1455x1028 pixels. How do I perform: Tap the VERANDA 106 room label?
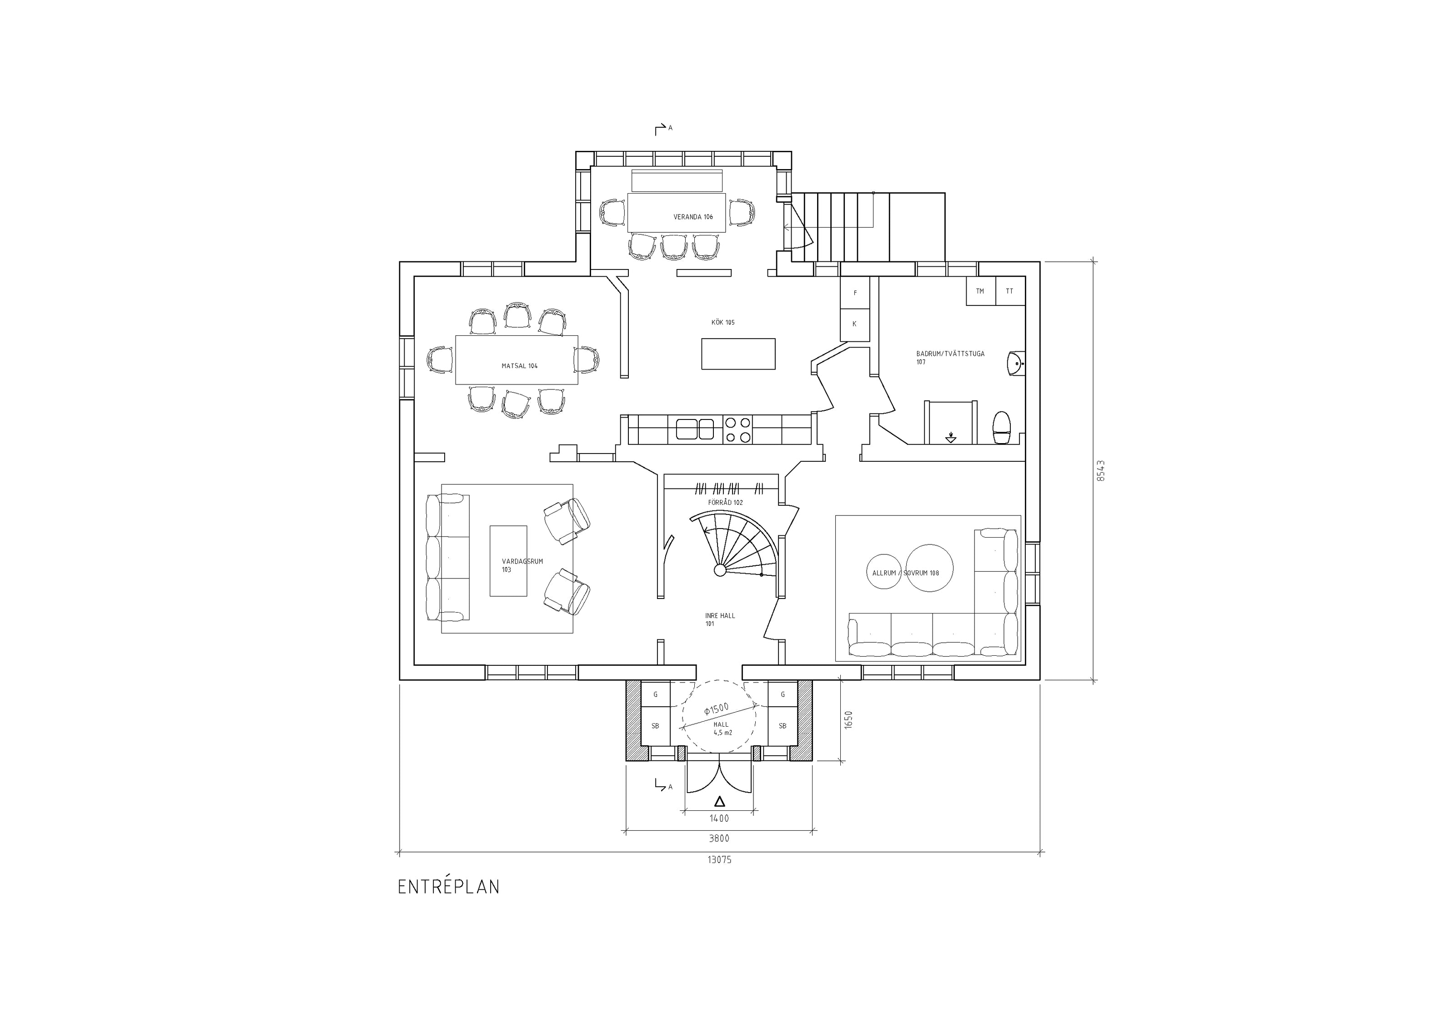693,217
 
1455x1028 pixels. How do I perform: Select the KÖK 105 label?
723,322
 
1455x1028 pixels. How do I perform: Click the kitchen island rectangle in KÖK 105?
738,354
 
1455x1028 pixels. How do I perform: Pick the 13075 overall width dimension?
719,860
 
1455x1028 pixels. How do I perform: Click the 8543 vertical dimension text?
1101,471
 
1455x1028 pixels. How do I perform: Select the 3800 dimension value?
719,838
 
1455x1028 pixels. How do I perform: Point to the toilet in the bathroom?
1001,428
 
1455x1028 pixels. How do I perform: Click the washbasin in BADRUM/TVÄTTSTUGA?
1015,363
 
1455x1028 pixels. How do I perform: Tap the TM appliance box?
980,291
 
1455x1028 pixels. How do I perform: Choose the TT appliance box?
1010,291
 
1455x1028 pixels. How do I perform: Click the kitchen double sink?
695,429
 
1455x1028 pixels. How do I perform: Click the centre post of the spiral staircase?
720,570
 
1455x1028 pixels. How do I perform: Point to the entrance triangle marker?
719,801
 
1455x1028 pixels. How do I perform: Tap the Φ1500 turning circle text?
717,709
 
